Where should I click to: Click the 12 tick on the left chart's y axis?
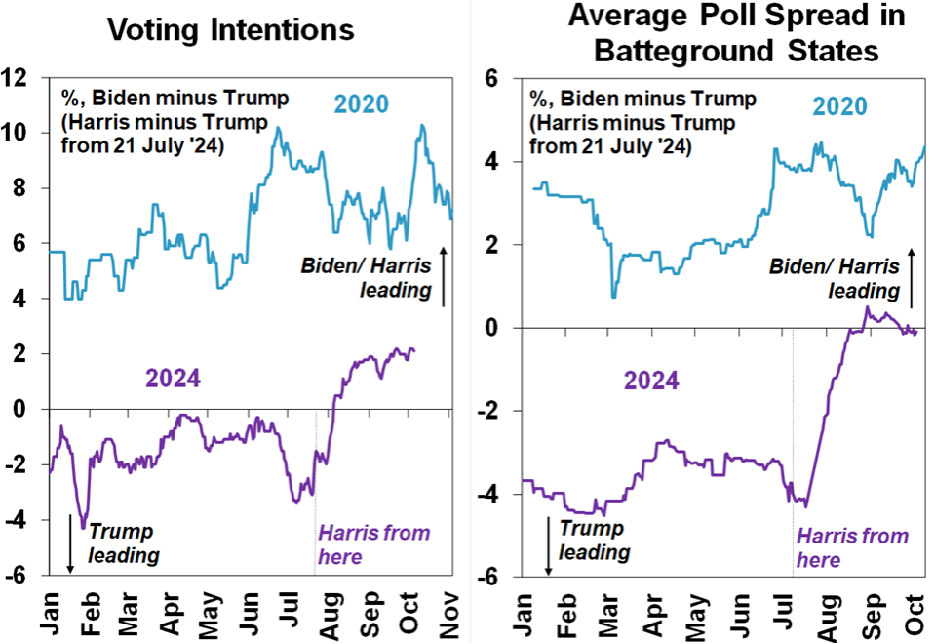(x=17, y=76)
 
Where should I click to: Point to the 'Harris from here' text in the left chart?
(x=373, y=544)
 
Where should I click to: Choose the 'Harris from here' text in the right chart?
(x=852, y=547)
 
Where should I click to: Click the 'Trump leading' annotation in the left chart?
(x=124, y=543)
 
